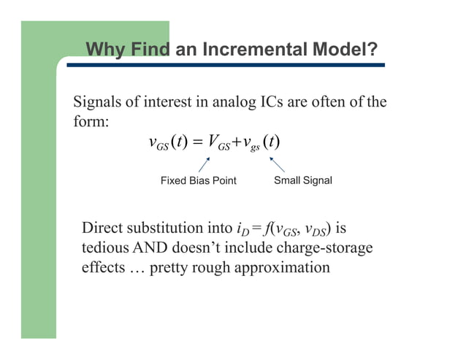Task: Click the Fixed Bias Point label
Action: [198, 180]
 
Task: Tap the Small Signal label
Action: [302, 180]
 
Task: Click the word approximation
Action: [281, 267]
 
